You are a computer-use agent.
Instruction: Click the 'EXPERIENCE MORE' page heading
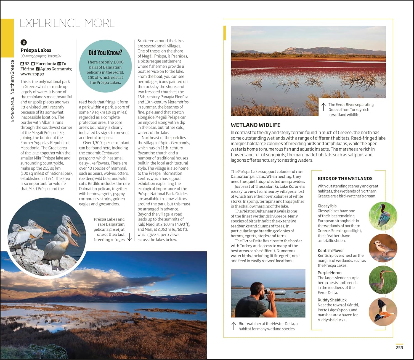[x=67, y=23]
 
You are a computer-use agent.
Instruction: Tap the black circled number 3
[x=24, y=42]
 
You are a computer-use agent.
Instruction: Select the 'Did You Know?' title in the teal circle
[x=105, y=53]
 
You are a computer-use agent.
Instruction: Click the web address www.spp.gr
[x=32, y=74]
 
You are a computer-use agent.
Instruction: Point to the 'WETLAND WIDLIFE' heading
[x=256, y=125]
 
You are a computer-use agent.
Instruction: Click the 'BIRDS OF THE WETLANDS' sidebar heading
[x=345, y=178]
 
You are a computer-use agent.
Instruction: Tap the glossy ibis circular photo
[x=383, y=216]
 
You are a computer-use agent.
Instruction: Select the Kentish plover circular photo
[x=383, y=248]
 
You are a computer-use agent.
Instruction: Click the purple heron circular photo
[x=383, y=280]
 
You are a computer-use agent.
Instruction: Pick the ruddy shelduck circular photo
[x=383, y=312]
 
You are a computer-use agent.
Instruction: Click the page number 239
[x=399, y=348]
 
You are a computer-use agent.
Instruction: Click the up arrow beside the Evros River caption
[x=323, y=107]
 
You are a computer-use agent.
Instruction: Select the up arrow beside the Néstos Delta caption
[x=234, y=326]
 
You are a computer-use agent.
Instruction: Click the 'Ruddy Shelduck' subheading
[x=332, y=300]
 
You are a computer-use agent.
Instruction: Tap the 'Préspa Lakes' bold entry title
[x=36, y=50]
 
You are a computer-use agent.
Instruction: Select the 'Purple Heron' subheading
[x=330, y=273]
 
